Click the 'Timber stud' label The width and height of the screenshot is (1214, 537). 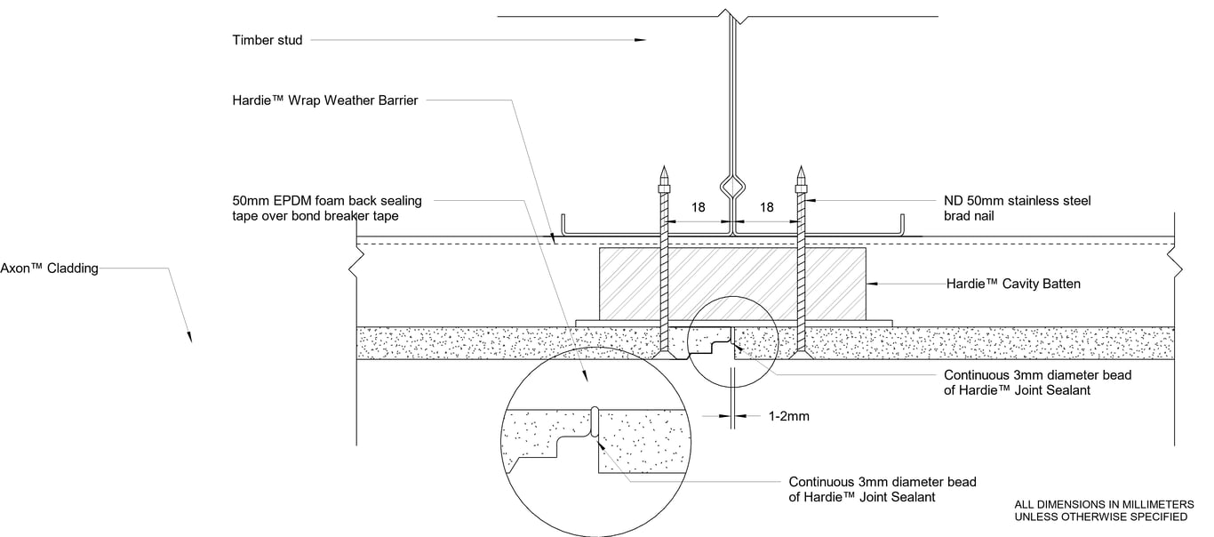pyautogui.click(x=267, y=40)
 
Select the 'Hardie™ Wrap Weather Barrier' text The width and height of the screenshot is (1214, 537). pyautogui.click(x=325, y=100)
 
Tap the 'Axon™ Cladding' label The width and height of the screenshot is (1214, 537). pyautogui.click(x=49, y=268)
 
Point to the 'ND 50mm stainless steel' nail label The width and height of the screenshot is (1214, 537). pyautogui.click(x=1017, y=201)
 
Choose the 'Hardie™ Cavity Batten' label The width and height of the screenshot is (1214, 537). pyautogui.click(x=1002, y=284)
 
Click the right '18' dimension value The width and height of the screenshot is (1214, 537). pyautogui.click(x=766, y=207)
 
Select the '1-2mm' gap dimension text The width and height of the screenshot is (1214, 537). pyautogui.click(x=787, y=415)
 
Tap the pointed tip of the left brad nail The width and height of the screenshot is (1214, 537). pyautogui.click(x=662, y=168)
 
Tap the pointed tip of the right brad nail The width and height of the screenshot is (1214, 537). pyautogui.click(x=801, y=168)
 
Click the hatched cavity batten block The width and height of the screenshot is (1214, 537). pyautogui.click(x=732, y=283)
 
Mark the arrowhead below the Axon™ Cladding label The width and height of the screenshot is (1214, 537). pyautogui.click(x=188, y=336)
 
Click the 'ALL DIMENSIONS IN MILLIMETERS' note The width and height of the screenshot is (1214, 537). pyautogui.click(x=1110, y=504)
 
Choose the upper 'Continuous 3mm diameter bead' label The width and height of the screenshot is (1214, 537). pyautogui.click(x=1037, y=375)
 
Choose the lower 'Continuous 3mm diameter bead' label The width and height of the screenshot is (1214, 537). pyautogui.click(x=882, y=482)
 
